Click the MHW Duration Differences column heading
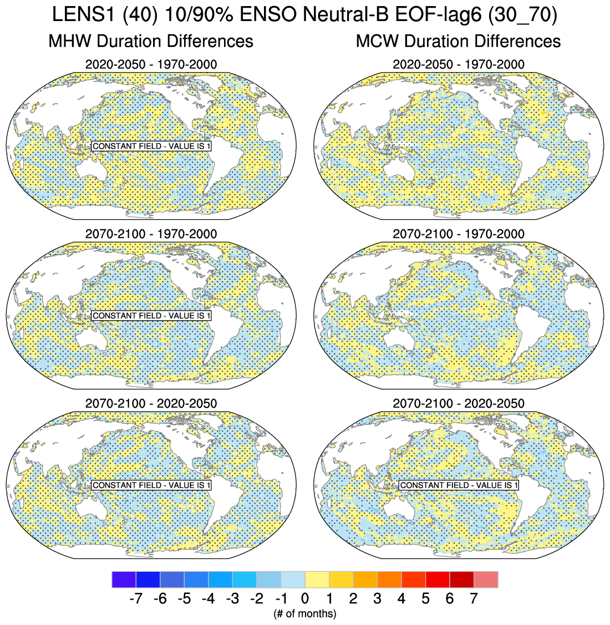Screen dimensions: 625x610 [x=151, y=41]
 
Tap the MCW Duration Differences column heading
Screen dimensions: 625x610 [x=458, y=41]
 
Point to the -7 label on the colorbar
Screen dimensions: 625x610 [x=135, y=598]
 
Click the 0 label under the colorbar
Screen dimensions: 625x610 [x=305, y=598]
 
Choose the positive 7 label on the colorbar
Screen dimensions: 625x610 [x=474, y=598]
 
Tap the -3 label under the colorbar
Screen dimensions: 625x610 [x=232, y=598]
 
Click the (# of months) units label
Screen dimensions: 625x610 [x=305, y=613]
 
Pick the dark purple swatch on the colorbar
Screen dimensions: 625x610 [x=124, y=580]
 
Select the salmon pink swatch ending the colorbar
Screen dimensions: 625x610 [x=486, y=580]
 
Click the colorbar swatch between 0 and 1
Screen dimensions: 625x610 [x=317, y=580]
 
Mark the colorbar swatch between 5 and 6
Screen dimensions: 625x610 [x=438, y=580]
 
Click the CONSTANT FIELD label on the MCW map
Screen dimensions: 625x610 [x=459, y=485]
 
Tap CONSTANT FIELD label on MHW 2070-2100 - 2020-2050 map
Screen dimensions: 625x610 [x=151, y=485]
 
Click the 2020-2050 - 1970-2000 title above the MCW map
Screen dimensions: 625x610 [x=459, y=64]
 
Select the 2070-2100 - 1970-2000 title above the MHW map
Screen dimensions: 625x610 [x=151, y=234]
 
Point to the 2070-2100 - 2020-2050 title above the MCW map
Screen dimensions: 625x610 [x=459, y=403]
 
